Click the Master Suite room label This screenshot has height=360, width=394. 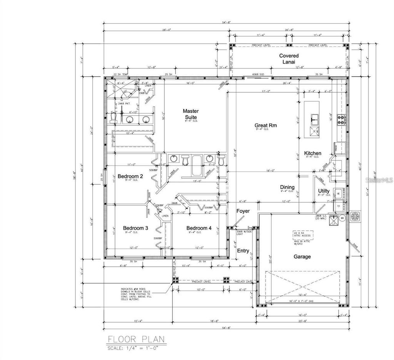click(190, 114)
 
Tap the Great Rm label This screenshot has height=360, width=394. click(265, 126)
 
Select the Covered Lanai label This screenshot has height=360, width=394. click(289, 59)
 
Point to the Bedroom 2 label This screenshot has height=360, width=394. click(130, 177)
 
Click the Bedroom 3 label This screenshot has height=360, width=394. click(135, 228)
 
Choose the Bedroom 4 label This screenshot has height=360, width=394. click(199, 228)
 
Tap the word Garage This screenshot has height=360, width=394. click(302, 257)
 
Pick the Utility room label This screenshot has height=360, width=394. click(324, 191)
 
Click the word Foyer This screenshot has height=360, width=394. click(243, 211)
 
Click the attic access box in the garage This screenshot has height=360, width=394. click(302, 235)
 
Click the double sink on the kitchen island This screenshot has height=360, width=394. click(315, 119)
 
